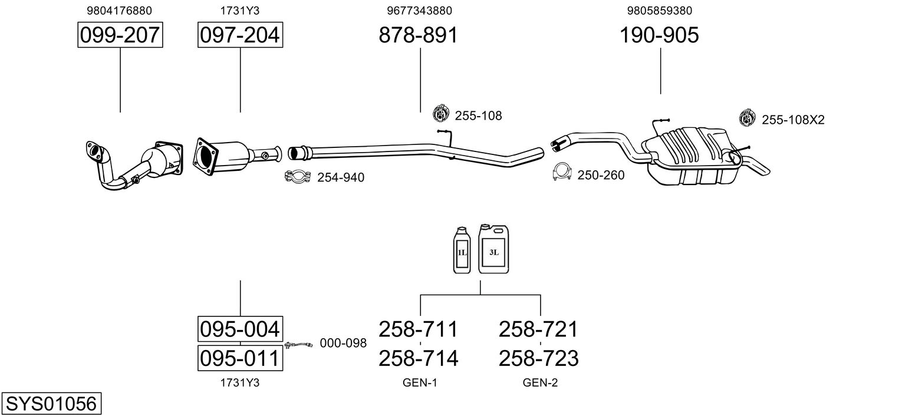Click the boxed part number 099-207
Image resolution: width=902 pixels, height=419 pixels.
click(120, 35)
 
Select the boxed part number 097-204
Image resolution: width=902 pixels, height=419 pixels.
click(240, 35)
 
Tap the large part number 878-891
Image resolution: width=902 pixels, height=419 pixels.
click(418, 35)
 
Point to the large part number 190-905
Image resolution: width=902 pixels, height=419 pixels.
click(659, 35)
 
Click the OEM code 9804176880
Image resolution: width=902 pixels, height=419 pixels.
click(120, 11)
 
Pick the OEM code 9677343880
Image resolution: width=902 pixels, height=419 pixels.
click(420, 11)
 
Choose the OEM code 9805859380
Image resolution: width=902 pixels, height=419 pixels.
click(660, 11)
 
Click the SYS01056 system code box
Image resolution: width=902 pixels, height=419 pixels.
click(51, 403)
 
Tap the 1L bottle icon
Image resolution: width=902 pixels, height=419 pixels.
click(462, 250)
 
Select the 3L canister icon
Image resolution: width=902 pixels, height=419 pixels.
click(493, 249)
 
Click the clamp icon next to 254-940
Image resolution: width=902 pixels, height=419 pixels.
click(298, 176)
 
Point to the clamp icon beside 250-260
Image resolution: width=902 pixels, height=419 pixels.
click(562, 172)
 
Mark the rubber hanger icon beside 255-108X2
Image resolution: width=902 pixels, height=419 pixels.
click(748, 117)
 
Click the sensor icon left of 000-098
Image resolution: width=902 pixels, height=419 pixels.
click(298, 345)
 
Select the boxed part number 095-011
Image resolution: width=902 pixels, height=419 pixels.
click(240, 358)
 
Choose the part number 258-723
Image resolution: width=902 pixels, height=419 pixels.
click(538, 358)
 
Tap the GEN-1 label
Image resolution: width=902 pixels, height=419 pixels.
click(420, 382)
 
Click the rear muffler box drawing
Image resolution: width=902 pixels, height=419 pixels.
click(690, 156)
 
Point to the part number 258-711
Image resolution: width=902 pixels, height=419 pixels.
click(418, 329)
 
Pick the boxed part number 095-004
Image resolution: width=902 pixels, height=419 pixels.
click(240, 329)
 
